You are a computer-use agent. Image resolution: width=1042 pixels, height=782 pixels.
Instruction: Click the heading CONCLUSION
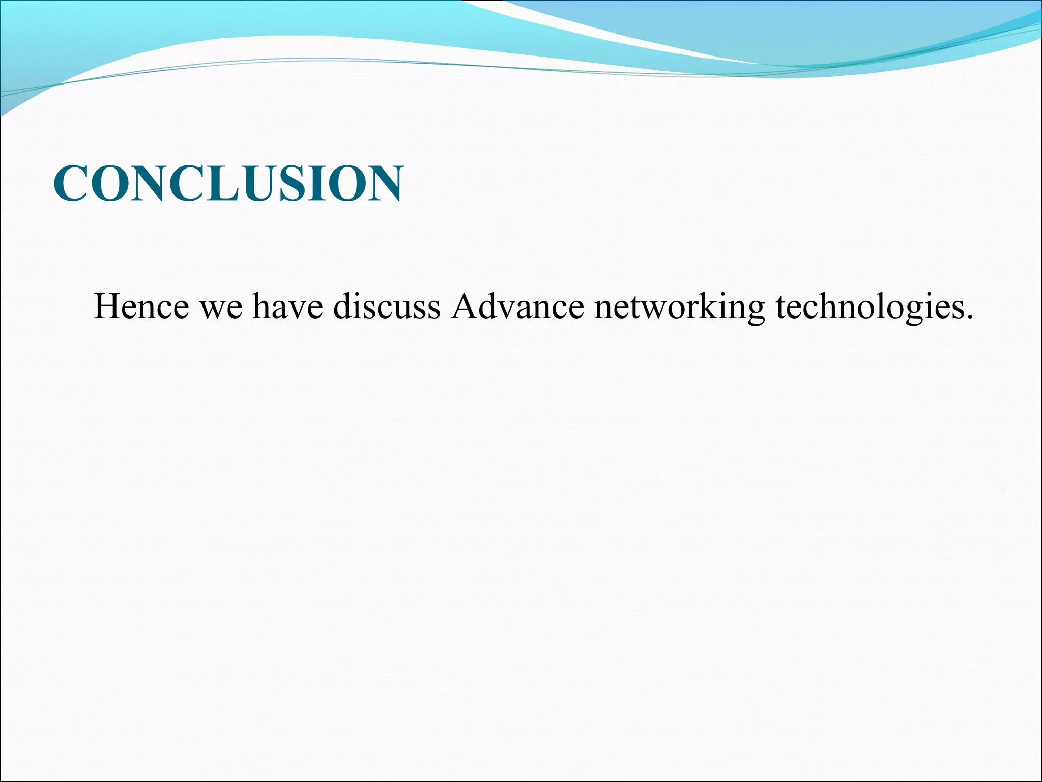coord(228,183)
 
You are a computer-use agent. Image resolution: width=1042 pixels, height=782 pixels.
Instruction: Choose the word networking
coord(679,308)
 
